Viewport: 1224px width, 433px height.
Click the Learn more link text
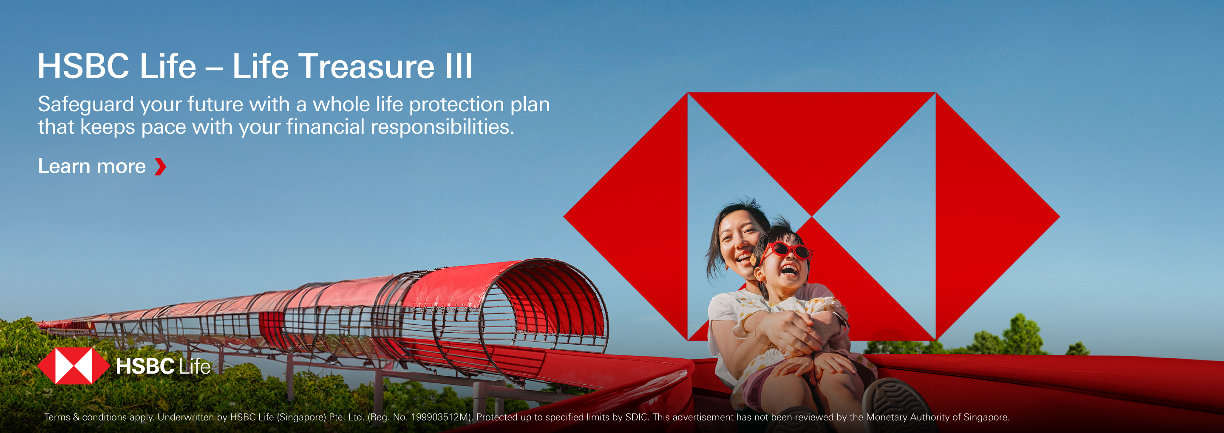pyautogui.click(x=92, y=166)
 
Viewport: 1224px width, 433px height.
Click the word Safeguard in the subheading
pyautogui.click(x=85, y=104)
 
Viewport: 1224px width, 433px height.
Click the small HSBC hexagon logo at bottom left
pyautogui.click(x=74, y=366)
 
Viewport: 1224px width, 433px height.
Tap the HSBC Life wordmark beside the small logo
pyautogui.click(x=163, y=366)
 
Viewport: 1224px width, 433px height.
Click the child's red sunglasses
pyautogui.click(x=786, y=251)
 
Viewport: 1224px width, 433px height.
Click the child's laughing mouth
pyautogui.click(x=790, y=270)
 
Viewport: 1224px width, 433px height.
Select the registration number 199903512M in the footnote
pyautogui.click(x=440, y=417)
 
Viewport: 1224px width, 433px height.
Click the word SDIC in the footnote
pyautogui.click(x=637, y=417)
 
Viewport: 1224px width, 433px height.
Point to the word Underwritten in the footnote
pyautogui.click(x=186, y=417)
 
